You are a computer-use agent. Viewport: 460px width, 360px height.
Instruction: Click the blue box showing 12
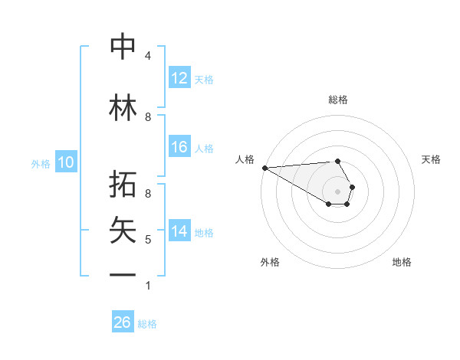pos(179,78)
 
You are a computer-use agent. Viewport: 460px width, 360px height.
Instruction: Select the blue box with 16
pos(179,147)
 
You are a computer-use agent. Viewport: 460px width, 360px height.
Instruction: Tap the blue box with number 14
pos(179,231)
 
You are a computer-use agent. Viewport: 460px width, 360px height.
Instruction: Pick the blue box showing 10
pos(66,162)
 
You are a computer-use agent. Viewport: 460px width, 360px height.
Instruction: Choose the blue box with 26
pos(123,322)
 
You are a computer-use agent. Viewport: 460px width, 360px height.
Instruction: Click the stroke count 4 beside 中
pos(148,56)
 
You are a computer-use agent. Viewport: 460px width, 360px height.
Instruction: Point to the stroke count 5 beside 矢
pos(148,240)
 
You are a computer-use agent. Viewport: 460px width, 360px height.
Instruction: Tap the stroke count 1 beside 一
pos(148,286)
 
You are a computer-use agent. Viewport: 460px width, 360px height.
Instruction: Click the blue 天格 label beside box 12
pos(204,79)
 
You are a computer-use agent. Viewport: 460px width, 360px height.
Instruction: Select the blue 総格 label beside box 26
pos(147,323)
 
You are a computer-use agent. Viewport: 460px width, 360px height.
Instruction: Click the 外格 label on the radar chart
pos(270,262)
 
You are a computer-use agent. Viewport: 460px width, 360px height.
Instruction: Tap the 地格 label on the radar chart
pos(402,262)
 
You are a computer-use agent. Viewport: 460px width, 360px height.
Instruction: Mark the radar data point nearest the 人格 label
pos(264,168)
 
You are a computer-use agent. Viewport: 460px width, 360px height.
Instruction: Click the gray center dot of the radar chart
pos(337,191)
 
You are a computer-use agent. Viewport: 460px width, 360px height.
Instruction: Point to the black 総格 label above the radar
pos(337,100)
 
